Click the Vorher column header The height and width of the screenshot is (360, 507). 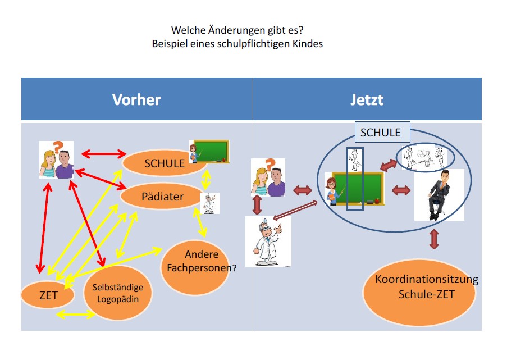136,99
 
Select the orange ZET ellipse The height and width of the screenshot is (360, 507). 48,295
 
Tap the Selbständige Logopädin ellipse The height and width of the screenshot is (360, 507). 117,293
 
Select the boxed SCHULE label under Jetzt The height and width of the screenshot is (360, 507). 381,133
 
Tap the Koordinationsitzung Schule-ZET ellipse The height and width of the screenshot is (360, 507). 418,288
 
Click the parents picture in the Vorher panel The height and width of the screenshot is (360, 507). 57,160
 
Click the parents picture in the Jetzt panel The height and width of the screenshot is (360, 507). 268,177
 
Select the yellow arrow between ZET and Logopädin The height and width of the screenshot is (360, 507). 76,315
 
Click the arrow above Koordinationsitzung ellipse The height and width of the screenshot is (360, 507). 433,239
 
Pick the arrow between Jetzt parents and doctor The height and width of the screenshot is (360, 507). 257,204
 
